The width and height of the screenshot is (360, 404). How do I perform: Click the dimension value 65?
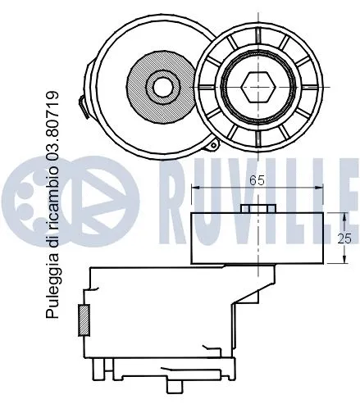[257, 183]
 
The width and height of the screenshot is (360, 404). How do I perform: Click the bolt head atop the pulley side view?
[257, 207]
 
